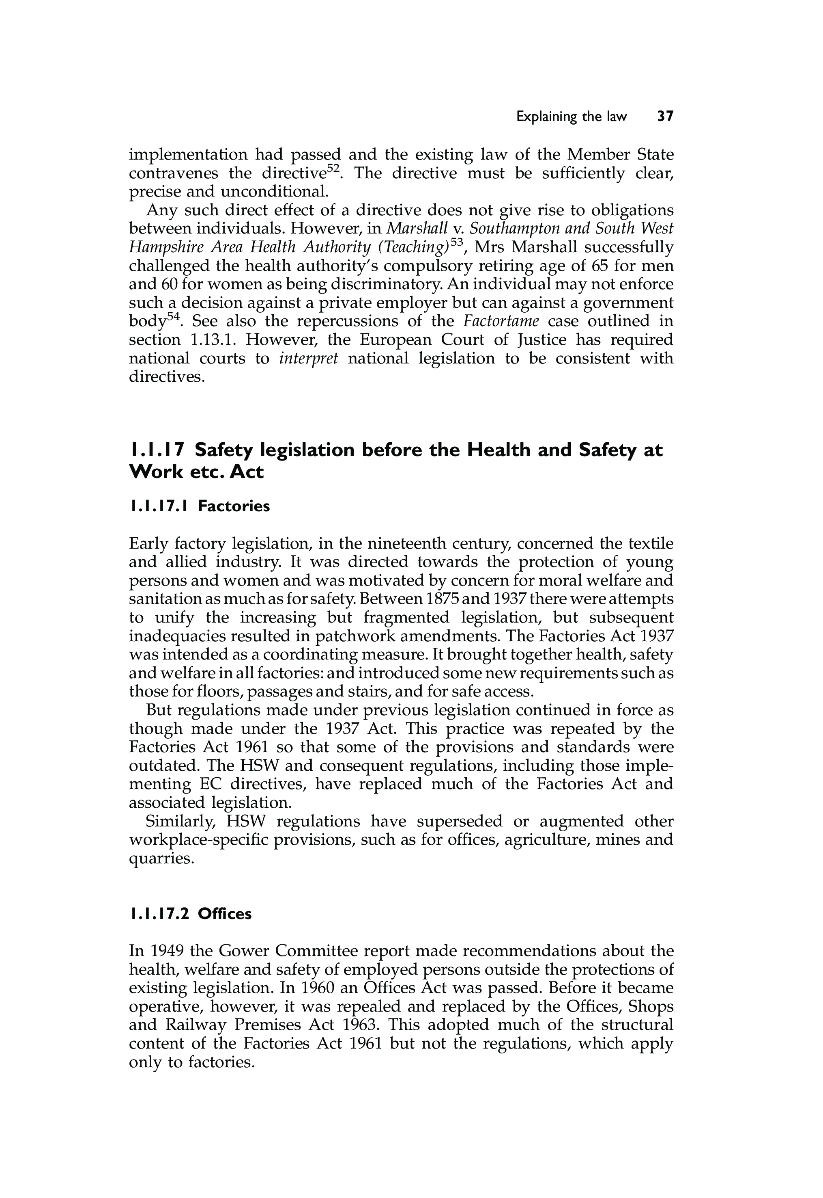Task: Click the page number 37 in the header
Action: coord(665,117)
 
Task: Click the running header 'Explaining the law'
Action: coord(572,117)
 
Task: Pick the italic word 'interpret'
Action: coord(308,359)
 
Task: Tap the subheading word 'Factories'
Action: coord(234,506)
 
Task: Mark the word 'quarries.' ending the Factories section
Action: coord(162,859)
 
